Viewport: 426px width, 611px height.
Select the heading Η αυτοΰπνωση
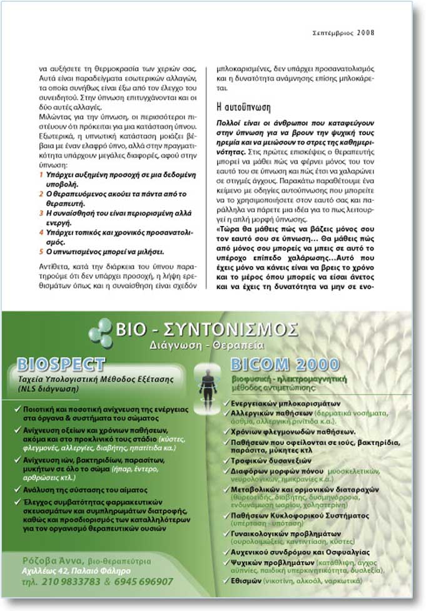[x=242, y=104]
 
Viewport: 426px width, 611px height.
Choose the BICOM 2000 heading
[x=276, y=365]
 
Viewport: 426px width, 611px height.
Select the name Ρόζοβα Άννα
[x=46, y=560]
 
